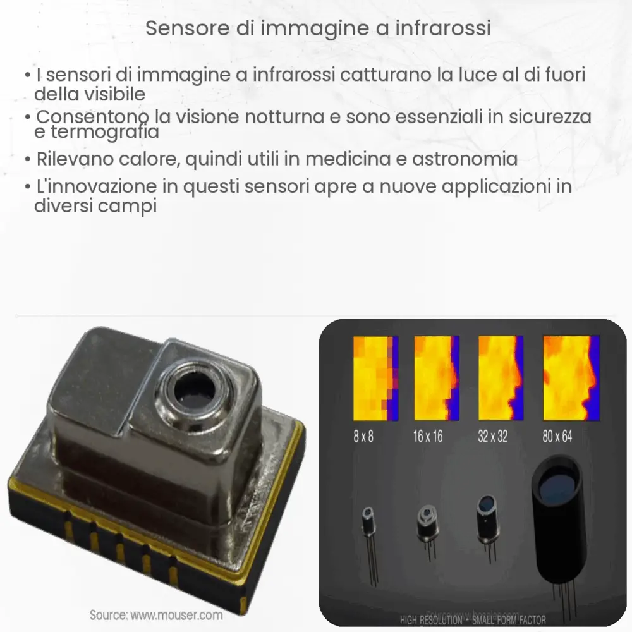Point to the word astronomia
point(465,159)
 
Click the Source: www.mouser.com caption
point(155,614)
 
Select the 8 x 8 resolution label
point(363,436)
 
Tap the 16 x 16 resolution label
point(428,436)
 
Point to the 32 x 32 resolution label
point(492,436)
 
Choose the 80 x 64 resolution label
point(557,436)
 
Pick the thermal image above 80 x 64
point(571,378)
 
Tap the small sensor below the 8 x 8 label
point(368,528)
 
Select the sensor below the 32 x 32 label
point(487,521)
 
